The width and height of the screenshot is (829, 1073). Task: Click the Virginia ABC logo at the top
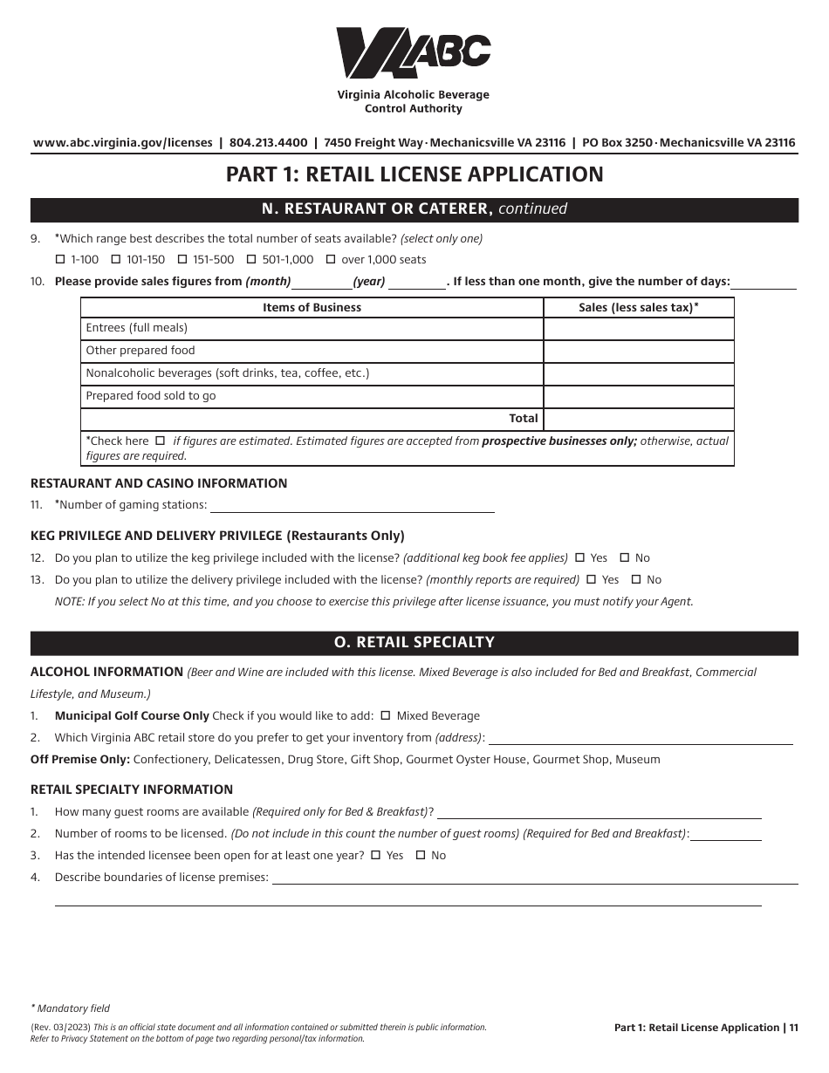(x=414, y=53)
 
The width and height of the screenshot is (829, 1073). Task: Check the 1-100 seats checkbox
(x=60, y=259)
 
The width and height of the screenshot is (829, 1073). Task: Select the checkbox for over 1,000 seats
(x=331, y=259)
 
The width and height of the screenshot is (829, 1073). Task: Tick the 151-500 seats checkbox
(x=182, y=259)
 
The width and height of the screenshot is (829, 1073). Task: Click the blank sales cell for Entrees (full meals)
(x=638, y=328)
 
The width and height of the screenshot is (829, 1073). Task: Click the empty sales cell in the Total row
(x=638, y=419)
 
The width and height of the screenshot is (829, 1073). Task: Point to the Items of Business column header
(x=312, y=307)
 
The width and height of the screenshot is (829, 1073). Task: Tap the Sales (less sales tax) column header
(x=638, y=307)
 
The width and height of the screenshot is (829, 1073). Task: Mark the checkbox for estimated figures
(x=160, y=441)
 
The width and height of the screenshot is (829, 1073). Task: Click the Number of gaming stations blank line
(x=352, y=504)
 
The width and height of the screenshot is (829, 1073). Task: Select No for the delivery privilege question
(x=636, y=579)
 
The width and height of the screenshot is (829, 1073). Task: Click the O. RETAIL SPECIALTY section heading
(x=414, y=642)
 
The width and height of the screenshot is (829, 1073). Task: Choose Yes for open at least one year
(x=376, y=856)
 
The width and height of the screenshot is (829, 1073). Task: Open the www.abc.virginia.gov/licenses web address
(x=122, y=142)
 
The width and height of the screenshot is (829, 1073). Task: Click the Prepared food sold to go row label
(x=151, y=396)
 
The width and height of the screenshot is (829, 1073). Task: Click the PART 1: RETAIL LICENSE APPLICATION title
(x=414, y=174)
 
